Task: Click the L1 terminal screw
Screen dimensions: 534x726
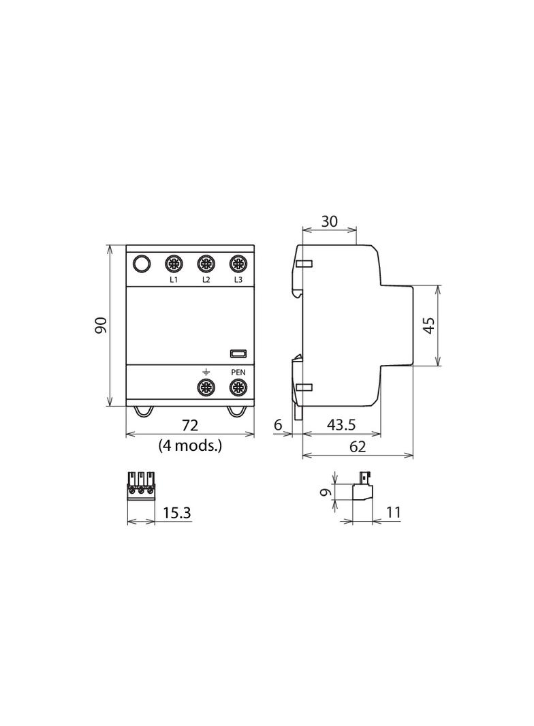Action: coord(174,264)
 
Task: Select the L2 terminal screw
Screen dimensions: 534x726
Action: coord(206,264)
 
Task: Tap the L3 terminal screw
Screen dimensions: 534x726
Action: coord(238,264)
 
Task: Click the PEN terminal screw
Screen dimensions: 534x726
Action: coord(238,387)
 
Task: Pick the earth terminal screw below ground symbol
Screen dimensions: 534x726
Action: coord(206,387)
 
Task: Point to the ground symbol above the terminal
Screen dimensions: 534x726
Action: coord(206,372)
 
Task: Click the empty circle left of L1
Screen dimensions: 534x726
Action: coord(142,264)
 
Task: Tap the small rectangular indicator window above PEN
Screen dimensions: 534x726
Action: coord(238,354)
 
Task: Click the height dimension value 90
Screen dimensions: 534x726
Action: coord(101,326)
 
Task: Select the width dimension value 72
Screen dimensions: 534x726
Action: coord(189,425)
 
